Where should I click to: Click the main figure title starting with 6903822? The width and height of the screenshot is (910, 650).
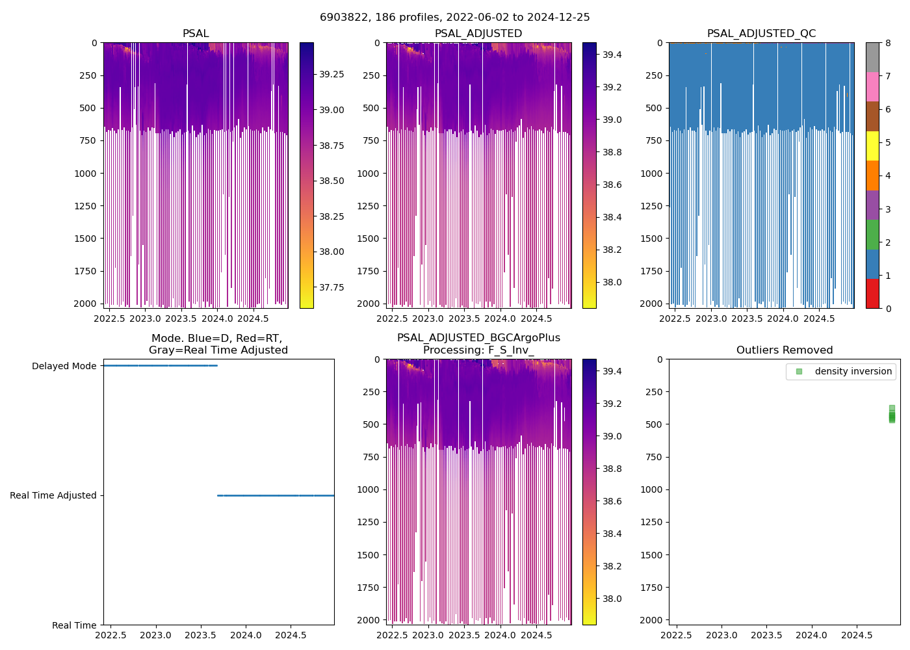(454, 18)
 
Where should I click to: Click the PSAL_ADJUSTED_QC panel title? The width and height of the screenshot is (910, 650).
(761, 34)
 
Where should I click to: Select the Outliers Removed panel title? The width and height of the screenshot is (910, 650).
(784, 350)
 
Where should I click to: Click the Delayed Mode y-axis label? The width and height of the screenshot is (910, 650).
(64, 366)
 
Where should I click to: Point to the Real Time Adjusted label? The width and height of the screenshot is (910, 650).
(53, 495)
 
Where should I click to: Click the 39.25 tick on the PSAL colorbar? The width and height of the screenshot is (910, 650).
(331, 74)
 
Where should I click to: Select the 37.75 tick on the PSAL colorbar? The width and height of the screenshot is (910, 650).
(331, 287)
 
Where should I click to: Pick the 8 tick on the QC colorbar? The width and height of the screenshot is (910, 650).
(888, 43)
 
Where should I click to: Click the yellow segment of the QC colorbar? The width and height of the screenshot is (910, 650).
(872, 146)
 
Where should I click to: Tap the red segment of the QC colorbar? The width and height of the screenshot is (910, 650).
(872, 294)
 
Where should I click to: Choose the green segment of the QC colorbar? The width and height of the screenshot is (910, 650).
(872, 235)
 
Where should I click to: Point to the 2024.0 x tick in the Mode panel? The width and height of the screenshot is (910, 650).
(246, 635)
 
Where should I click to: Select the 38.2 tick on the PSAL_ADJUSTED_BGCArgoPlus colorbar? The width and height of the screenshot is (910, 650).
(612, 566)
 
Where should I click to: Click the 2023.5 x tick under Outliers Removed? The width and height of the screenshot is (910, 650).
(766, 635)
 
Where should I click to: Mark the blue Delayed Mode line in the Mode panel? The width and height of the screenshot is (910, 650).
(159, 365)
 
